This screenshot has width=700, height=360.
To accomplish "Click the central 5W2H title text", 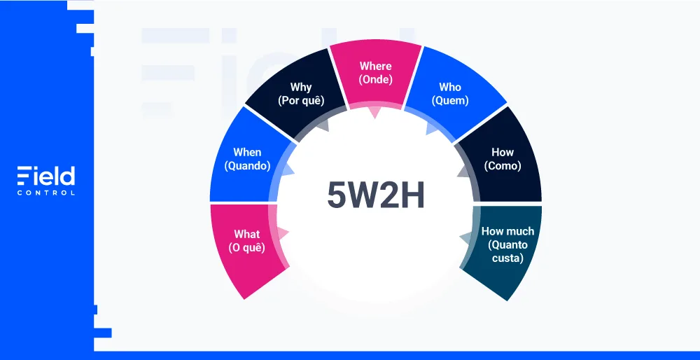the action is coord(376,195).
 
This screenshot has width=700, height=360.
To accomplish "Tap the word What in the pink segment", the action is coord(247,235).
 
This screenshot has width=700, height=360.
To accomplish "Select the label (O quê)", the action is coord(247,248).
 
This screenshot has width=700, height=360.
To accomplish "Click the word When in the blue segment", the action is coord(247,152).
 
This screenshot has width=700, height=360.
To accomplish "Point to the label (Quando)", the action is coord(247,166).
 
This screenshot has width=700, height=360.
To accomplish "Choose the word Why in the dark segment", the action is coord(301,87).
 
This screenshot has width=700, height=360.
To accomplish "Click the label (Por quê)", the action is coord(301,100).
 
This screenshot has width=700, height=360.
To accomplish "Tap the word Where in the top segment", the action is coord(375,66).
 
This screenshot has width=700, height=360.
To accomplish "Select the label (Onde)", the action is coord(375,80).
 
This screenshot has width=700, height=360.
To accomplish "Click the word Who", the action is coord(450,87).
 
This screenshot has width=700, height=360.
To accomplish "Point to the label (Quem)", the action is coord(450,100).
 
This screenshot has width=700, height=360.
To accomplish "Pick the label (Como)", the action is coord(503,166).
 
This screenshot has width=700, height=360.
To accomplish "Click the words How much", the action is coord(507,231).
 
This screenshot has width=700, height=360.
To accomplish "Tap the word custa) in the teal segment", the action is coord(507,258).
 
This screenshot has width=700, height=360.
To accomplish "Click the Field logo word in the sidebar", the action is coord(46,176).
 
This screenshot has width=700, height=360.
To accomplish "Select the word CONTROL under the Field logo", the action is coord(46,193).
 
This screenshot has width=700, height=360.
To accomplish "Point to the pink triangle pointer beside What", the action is coord(283,233).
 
